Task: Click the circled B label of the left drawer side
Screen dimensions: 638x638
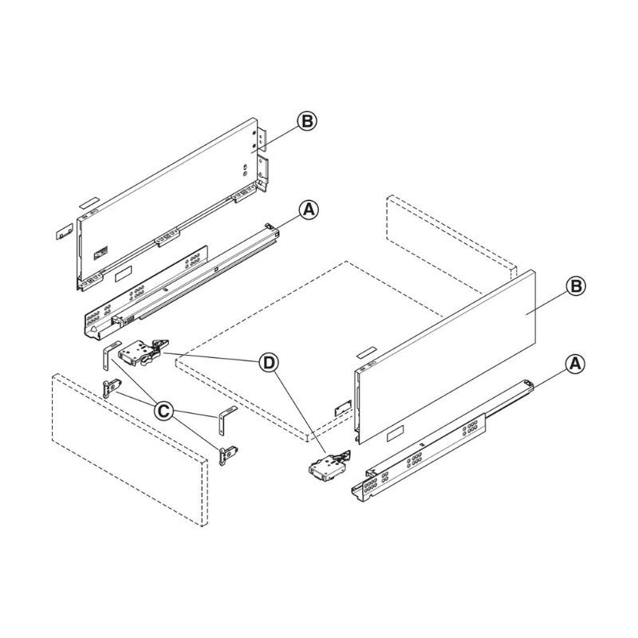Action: (307, 121)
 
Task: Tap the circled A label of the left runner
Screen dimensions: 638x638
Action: (309, 210)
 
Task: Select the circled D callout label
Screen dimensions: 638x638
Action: (269, 363)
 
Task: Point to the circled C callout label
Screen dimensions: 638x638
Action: (163, 411)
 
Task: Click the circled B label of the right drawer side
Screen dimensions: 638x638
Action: (576, 286)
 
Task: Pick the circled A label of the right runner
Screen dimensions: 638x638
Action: (575, 364)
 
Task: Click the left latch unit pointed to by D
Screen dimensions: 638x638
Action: (143, 352)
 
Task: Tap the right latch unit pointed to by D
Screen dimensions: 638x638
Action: (329, 467)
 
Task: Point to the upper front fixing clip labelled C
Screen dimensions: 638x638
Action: (111, 388)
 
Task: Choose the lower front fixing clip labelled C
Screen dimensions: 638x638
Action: (228, 455)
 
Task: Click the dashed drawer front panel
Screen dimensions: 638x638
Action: (130, 450)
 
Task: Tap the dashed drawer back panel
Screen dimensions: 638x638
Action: (451, 244)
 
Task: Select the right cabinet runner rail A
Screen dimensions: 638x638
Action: (443, 439)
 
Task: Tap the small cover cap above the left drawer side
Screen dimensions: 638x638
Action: (89, 203)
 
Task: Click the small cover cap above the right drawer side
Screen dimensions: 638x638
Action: (367, 352)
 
